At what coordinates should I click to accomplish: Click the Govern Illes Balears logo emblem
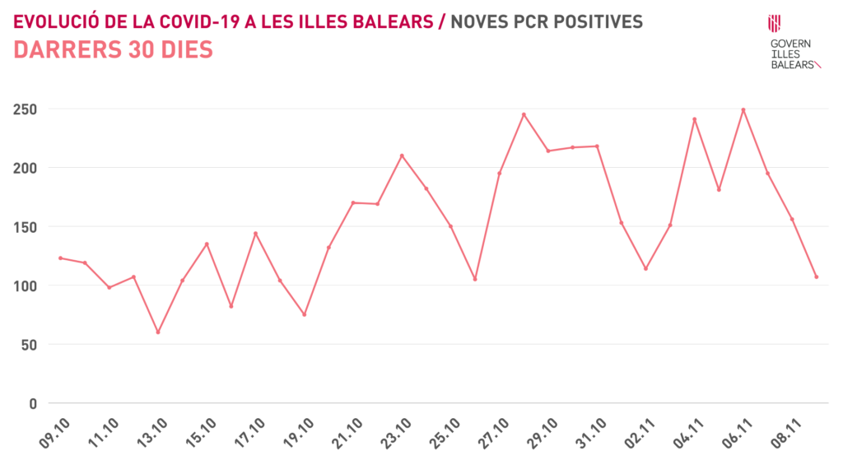774,23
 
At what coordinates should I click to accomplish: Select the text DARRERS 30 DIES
114,50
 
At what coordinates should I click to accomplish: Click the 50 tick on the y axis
30,345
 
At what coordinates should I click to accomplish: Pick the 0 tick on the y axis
34,403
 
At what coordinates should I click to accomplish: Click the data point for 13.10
157,332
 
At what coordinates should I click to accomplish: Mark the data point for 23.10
402,156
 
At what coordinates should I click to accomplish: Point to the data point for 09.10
60,258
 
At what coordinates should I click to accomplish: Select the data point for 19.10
304,314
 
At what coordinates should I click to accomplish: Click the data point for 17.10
255,233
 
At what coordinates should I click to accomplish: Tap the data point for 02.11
645,268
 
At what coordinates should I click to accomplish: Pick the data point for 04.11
694,119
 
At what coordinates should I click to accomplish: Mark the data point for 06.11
743,109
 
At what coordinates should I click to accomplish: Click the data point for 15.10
207,244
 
